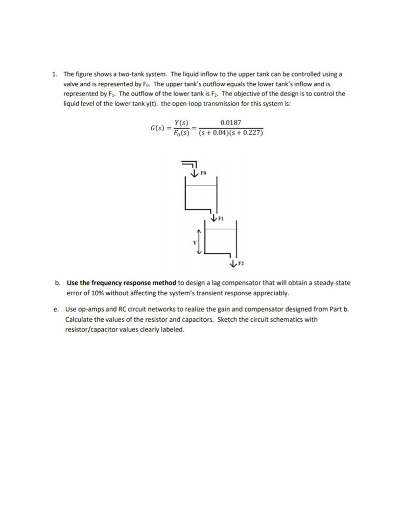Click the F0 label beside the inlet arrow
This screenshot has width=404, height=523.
[x=203, y=174]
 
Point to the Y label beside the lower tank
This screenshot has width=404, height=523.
[x=194, y=242]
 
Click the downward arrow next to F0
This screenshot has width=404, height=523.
[x=194, y=174]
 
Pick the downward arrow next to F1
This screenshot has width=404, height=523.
[x=213, y=219]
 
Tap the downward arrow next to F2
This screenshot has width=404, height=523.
[x=233, y=264]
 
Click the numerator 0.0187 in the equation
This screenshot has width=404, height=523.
[x=230, y=123]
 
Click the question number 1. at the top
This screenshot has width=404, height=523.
[x=55, y=74]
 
